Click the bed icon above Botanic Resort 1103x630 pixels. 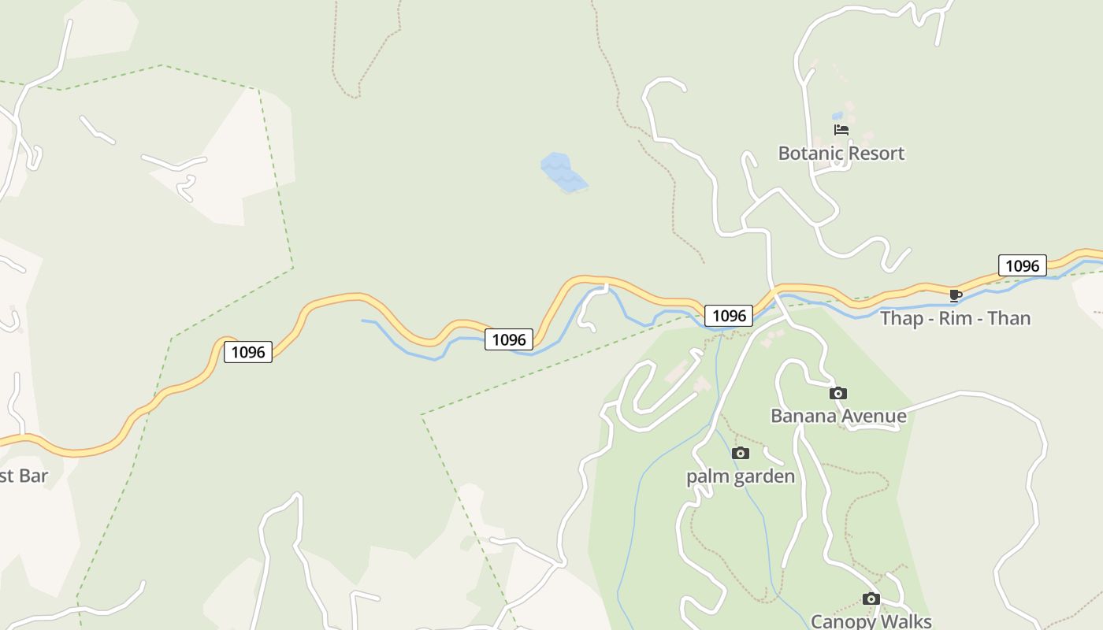(x=841, y=130)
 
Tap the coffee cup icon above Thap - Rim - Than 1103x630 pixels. (x=955, y=295)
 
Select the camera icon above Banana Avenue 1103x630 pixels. (x=838, y=393)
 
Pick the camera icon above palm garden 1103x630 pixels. (x=740, y=453)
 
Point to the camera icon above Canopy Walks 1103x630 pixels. (x=871, y=598)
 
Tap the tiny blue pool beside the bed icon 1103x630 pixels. (x=837, y=116)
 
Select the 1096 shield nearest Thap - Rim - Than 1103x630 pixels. (x=1022, y=265)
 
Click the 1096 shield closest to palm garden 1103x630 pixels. (x=728, y=316)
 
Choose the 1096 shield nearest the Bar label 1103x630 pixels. (x=248, y=351)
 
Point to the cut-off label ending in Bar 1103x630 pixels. (x=24, y=476)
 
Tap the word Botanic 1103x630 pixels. (x=809, y=153)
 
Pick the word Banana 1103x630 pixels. (x=801, y=416)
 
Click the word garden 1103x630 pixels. (x=764, y=476)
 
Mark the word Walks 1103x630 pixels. (x=905, y=622)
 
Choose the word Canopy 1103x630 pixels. (x=841, y=622)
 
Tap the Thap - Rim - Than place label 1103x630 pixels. (x=955, y=318)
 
